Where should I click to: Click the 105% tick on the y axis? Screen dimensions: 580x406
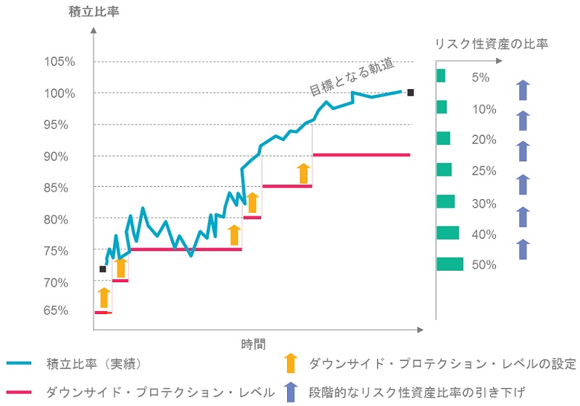click(59, 62)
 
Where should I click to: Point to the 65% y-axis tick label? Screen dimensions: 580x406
click(56, 310)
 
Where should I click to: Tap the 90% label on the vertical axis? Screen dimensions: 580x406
click(56, 157)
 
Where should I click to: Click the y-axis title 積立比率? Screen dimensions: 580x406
click(94, 12)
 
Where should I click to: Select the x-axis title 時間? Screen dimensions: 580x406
click(253, 344)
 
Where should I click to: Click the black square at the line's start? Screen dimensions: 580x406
click(103, 269)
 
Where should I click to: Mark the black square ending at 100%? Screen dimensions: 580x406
click(410, 93)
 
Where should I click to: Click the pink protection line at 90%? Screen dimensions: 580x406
click(361, 155)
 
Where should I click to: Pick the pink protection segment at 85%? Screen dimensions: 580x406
click(287, 187)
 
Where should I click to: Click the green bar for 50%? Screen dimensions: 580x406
click(449, 264)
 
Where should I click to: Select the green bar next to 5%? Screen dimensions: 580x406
click(441, 76)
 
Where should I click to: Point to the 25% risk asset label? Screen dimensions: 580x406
click(484, 171)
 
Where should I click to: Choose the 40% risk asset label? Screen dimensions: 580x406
click(484, 234)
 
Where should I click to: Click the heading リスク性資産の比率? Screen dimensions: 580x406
click(492, 44)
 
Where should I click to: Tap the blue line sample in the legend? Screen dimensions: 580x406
click(19, 363)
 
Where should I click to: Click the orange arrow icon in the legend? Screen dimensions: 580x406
click(291, 363)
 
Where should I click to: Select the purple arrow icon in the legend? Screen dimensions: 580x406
click(291, 392)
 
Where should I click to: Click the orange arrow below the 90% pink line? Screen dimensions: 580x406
click(304, 174)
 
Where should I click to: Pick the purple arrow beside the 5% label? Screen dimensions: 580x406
click(523, 90)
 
